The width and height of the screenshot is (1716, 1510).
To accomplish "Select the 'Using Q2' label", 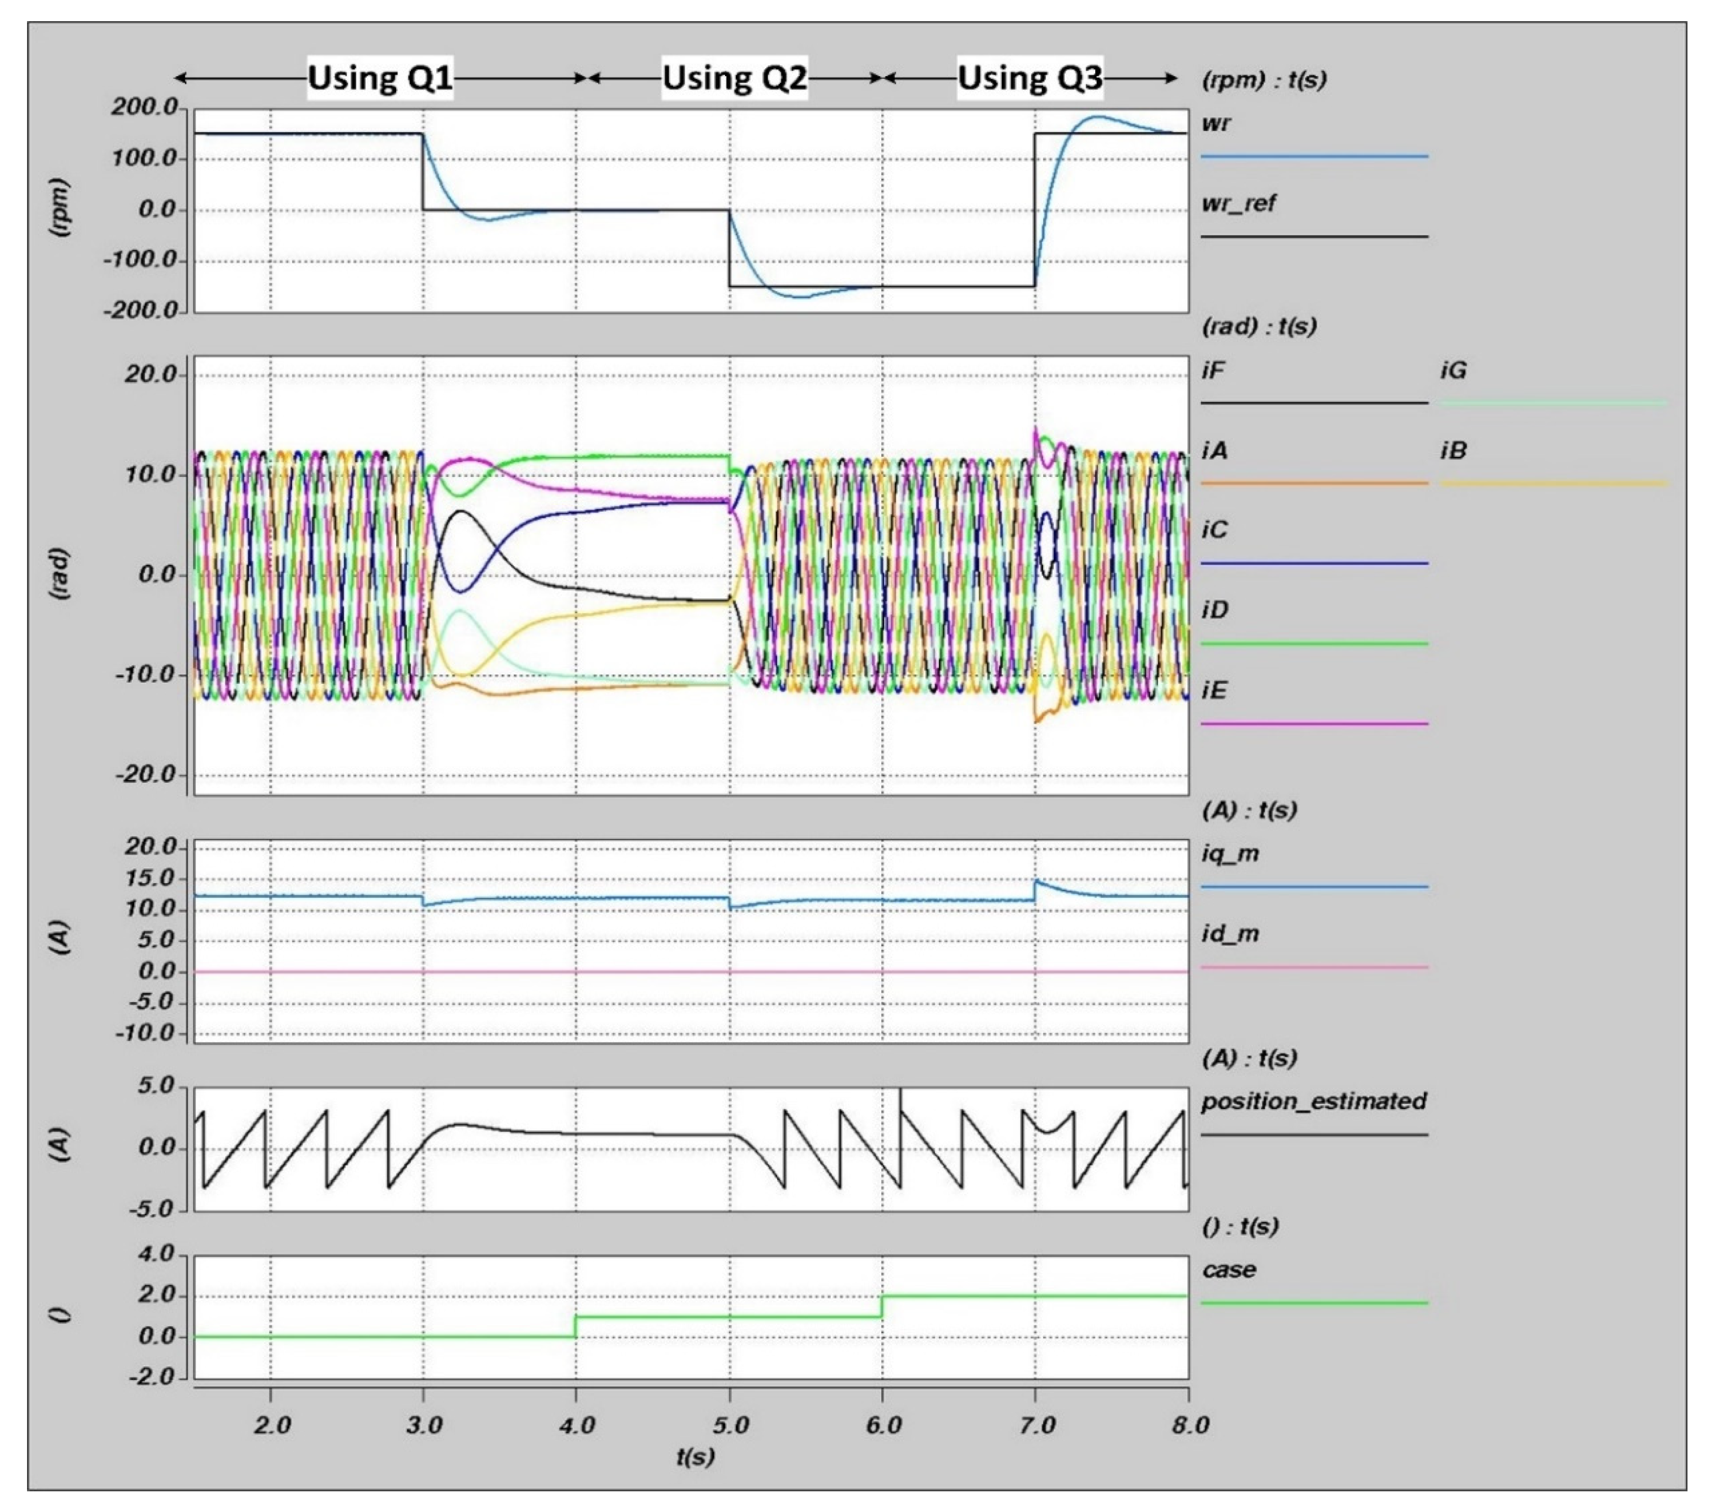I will (x=734, y=78).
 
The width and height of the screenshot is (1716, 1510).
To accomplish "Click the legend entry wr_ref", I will (x=1238, y=204).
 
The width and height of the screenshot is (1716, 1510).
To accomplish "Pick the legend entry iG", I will (x=1453, y=370).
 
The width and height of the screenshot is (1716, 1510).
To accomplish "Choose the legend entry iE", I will (x=1214, y=690).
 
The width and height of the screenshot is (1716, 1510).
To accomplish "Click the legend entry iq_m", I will (x=1230, y=854).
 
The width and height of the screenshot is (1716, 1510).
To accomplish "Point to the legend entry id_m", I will (x=1230, y=934).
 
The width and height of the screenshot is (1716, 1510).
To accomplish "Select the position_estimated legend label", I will (x=1313, y=1101).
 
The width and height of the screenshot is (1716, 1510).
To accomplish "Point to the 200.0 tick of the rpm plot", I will (x=145, y=108).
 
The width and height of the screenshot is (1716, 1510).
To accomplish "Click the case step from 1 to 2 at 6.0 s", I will (x=882, y=1306).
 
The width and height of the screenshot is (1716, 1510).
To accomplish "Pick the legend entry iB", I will (x=1453, y=451).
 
